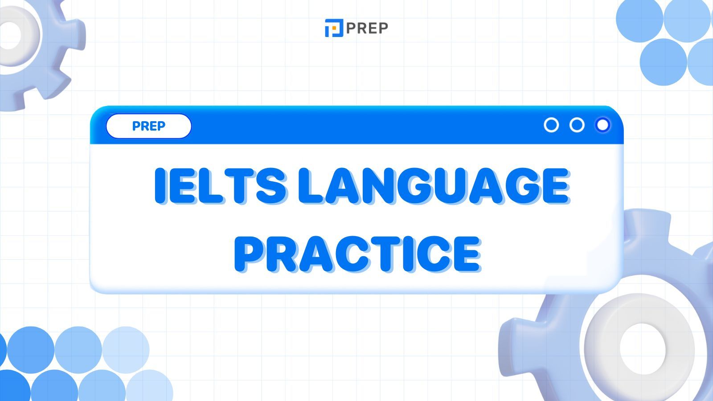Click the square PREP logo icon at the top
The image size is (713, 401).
[x=334, y=28]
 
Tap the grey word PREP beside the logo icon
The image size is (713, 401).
[x=367, y=28]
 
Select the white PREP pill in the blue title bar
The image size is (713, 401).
[x=149, y=126]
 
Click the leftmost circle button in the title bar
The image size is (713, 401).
[x=551, y=125]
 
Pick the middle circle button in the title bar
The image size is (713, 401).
[x=577, y=125]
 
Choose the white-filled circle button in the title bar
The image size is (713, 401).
[x=602, y=125]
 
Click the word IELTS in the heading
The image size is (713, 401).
[x=221, y=185]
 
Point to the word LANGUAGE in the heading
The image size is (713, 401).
[x=434, y=185]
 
